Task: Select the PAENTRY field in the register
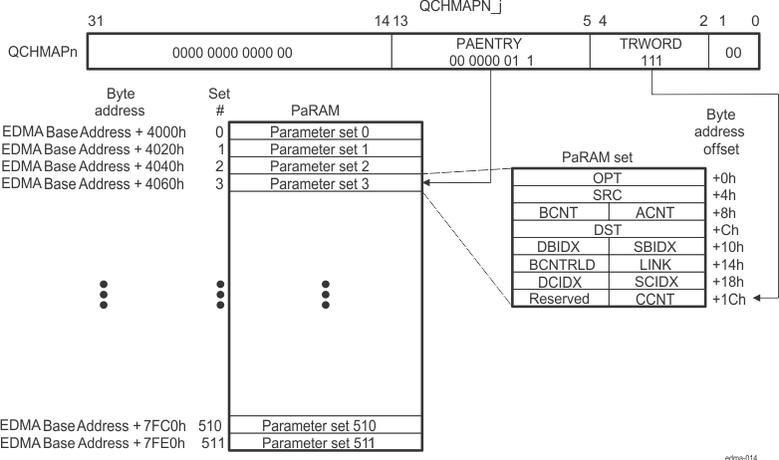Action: [488, 52]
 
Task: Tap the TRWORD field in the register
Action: [648, 52]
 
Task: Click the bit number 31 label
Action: [97, 21]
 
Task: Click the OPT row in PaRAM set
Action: [606, 176]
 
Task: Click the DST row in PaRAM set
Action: [606, 229]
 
